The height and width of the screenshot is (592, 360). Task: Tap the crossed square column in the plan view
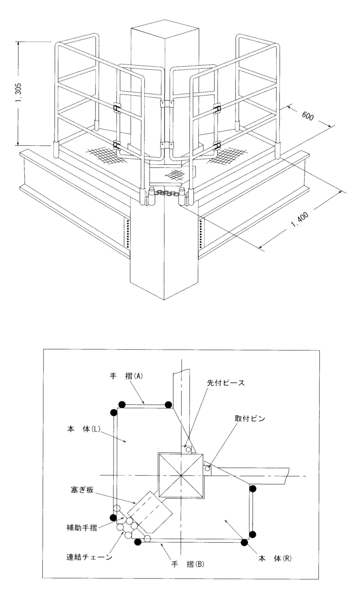coord(181,476)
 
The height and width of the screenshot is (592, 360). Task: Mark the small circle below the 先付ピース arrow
coord(188,449)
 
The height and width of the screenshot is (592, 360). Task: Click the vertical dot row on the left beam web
coord(127,232)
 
